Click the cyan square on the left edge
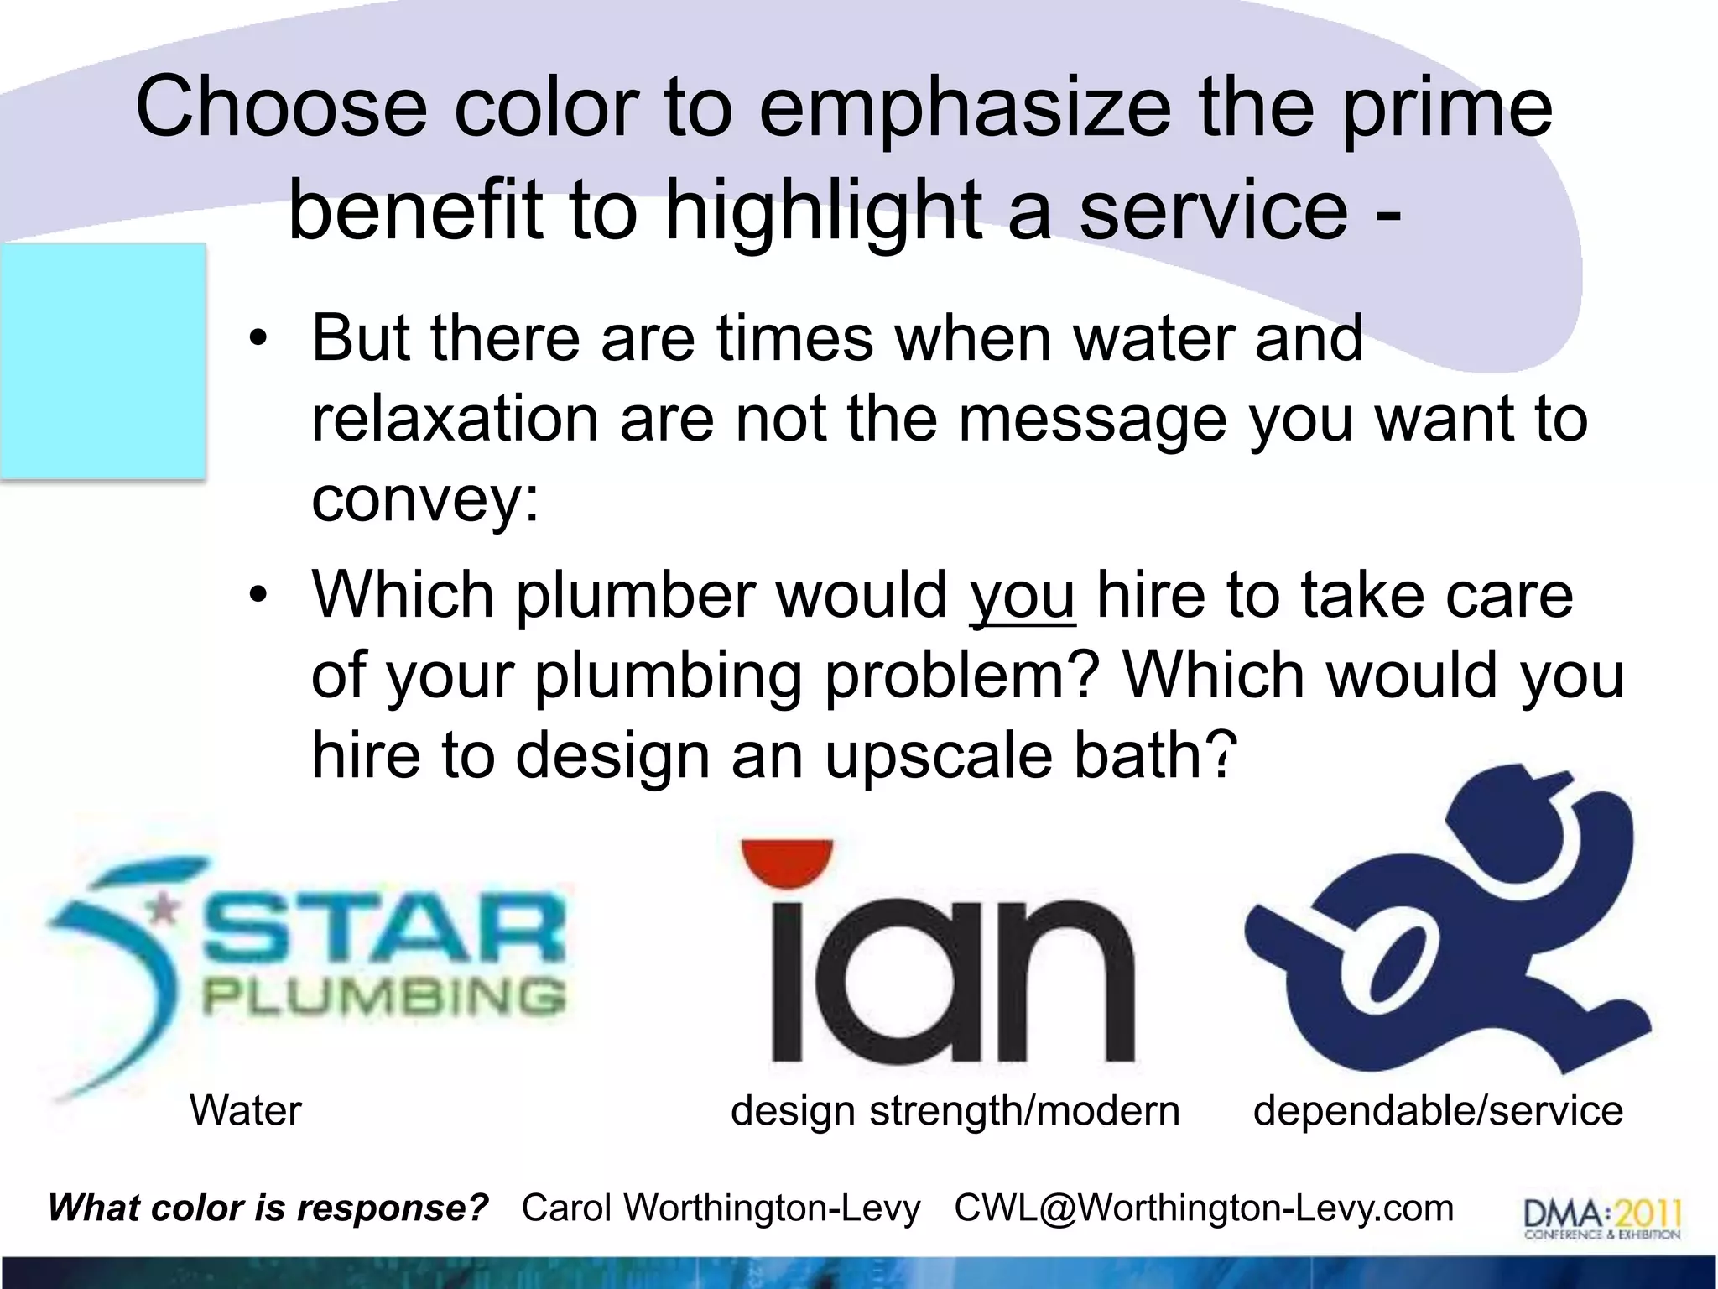coord(102,361)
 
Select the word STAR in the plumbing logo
coord(382,929)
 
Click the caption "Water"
coord(245,1110)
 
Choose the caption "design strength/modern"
coord(955,1110)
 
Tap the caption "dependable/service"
coord(1438,1110)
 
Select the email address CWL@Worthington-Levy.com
coord(1204,1208)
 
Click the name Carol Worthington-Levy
coord(721,1208)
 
